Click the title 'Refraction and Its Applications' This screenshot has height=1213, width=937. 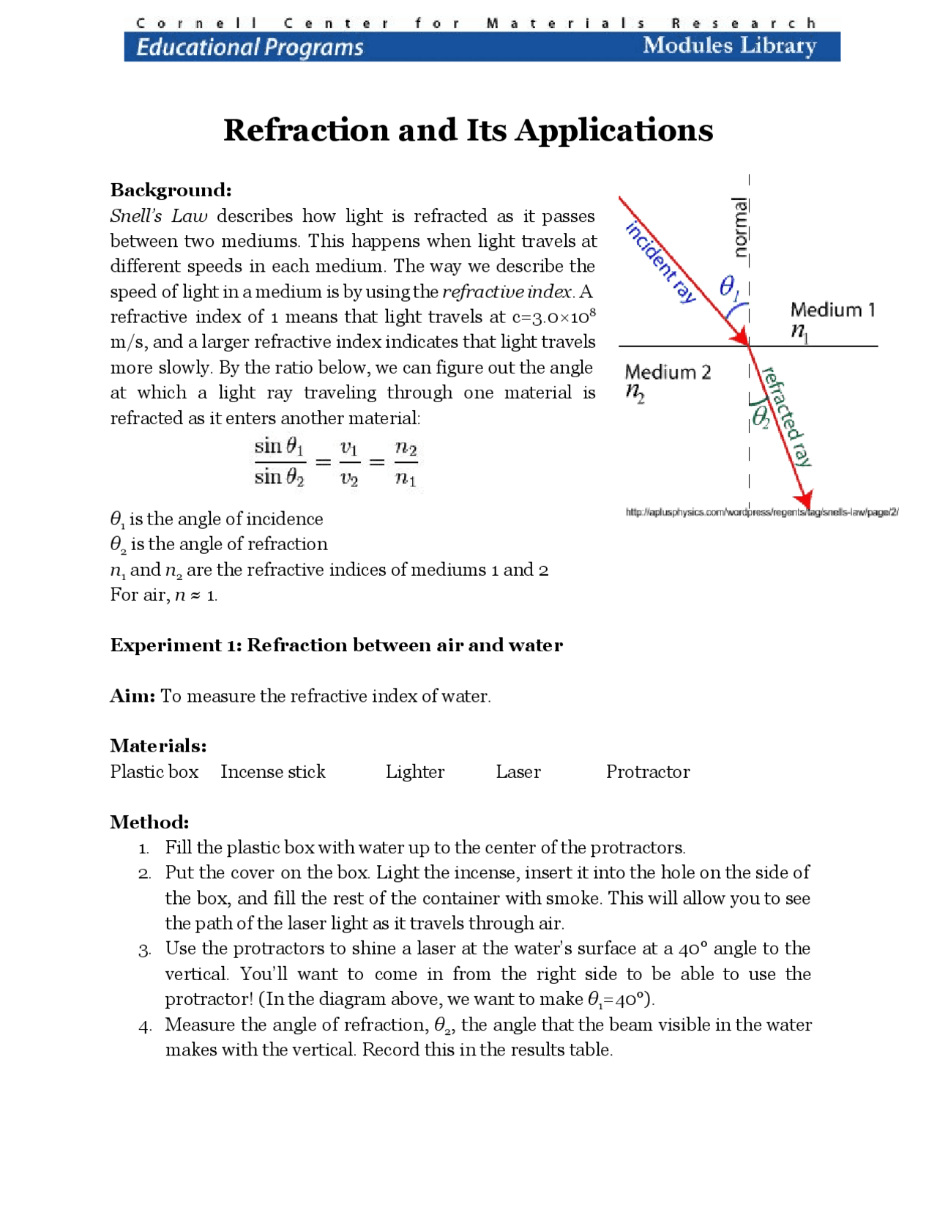tap(468, 130)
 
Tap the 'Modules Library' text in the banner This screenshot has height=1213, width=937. tap(729, 46)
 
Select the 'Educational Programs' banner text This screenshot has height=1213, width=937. tap(250, 48)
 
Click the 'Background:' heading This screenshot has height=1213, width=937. tap(171, 190)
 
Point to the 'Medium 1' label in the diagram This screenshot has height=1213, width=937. tap(832, 310)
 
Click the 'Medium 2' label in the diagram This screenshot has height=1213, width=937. tap(668, 372)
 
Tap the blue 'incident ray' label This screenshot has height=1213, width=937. tap(660, 262)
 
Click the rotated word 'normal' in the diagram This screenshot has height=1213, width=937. tap(741, 227)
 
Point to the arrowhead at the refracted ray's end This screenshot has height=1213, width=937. tap(804, 500)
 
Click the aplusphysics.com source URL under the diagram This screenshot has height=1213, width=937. tap(761, 512)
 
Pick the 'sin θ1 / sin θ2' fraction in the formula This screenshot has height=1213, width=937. tap(280, 461)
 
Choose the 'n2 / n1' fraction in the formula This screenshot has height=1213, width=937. tap(406, 462)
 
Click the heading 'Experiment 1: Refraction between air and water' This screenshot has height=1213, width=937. tap(336, 645)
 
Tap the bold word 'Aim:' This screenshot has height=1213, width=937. tap(132, 696)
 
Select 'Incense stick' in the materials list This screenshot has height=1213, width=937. tap(272, 772)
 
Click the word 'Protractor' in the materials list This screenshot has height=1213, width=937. tap(647, 772)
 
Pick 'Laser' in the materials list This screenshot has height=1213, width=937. tap(518, 772)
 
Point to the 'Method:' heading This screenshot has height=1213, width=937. tap(149, 823)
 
